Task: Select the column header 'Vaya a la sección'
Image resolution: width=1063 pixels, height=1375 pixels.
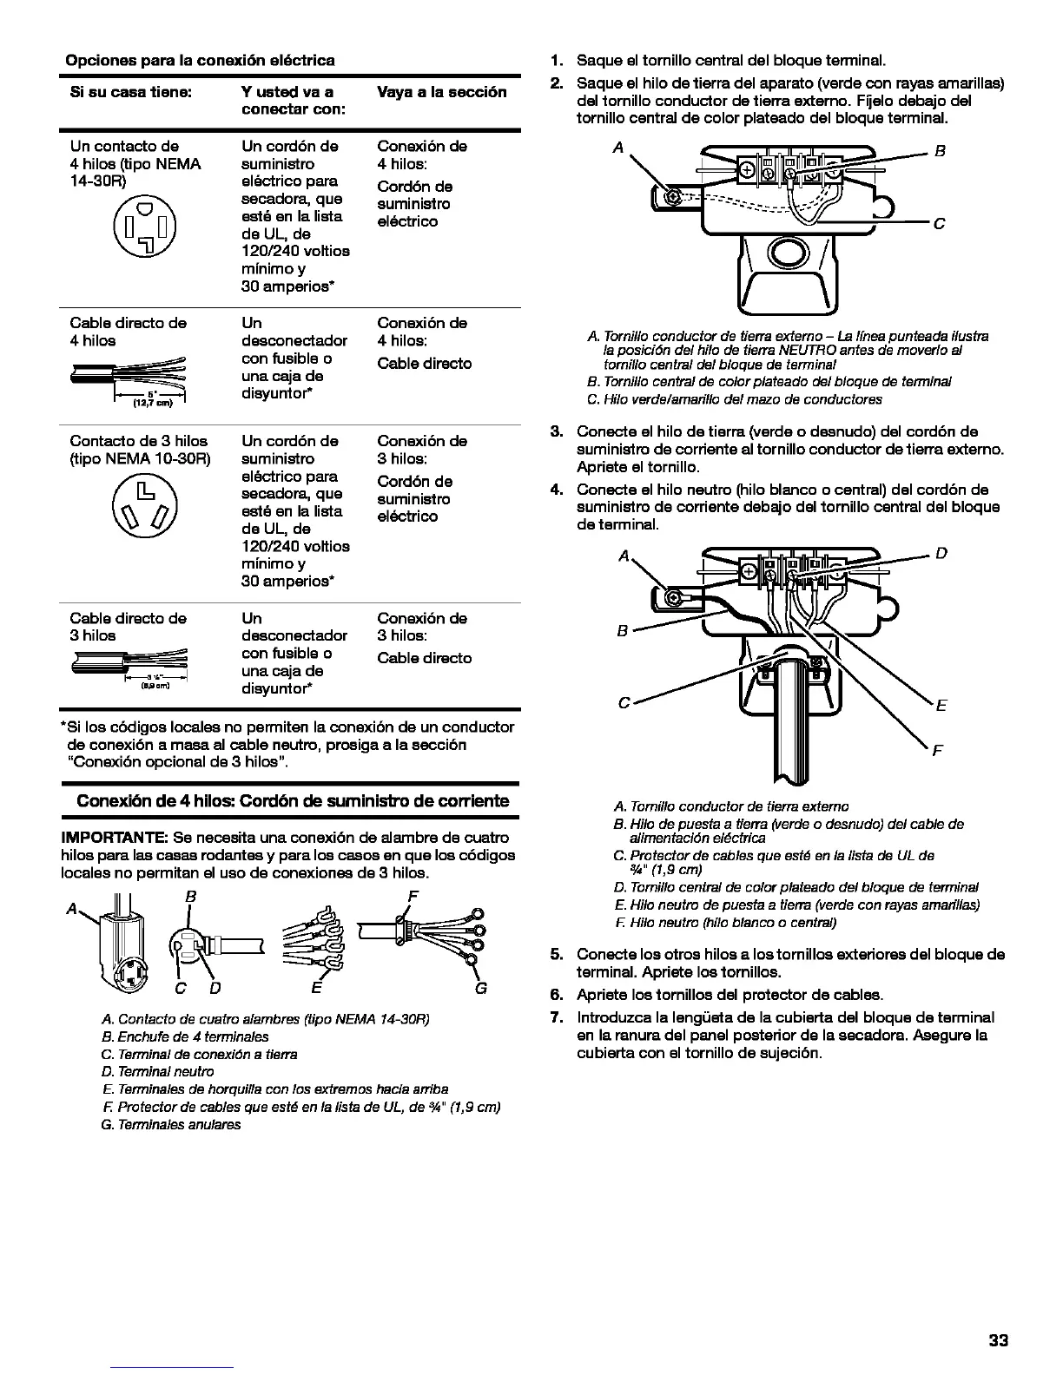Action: click(441, 92)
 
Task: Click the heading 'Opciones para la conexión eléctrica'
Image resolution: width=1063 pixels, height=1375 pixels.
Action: click(201, 61)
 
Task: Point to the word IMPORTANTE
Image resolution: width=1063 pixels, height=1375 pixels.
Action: click(114, 838)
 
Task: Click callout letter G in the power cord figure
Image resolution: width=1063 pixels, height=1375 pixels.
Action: click(481, 988)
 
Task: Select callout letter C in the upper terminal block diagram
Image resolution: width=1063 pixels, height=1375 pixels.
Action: click(938, 224)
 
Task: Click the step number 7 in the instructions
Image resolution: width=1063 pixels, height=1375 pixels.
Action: click(557, 1017)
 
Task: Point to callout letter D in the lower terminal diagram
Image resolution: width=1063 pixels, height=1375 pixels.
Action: click(941, 553)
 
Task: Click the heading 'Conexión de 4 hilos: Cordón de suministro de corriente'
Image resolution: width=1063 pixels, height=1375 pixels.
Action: click(293, 800)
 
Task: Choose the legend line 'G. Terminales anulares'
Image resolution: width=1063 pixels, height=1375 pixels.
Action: click(171, 1124)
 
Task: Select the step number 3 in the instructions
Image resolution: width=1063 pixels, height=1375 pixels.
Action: click(557, 431)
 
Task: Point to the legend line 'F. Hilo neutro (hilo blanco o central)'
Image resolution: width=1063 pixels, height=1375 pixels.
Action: click(724, 922)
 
